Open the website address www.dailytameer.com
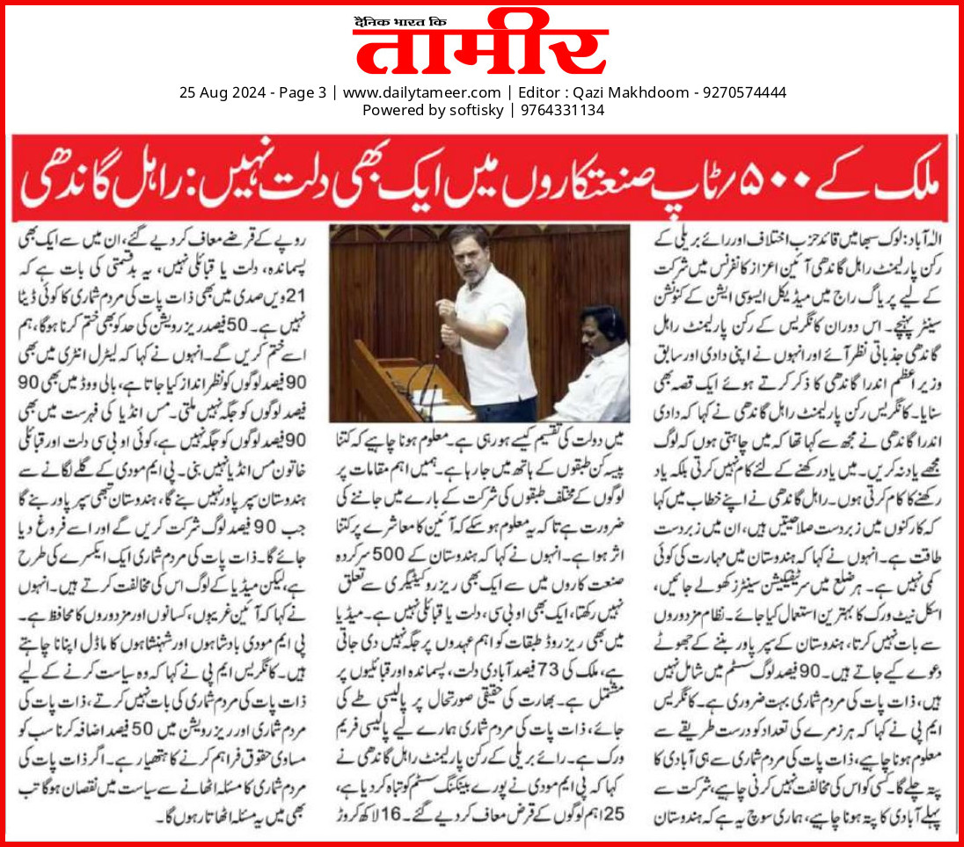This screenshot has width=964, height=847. [420, 91]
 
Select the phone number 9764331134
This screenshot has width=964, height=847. [563, 110]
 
